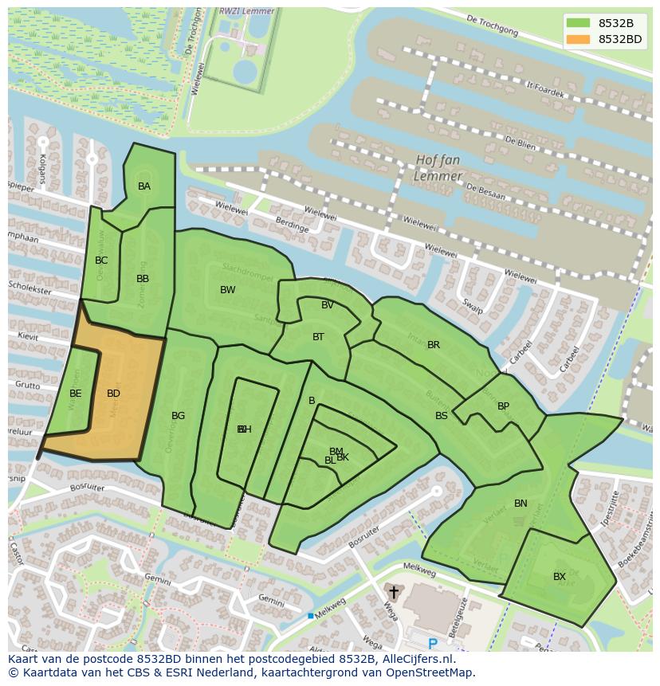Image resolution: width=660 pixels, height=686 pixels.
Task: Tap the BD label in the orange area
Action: (x=113, y=394)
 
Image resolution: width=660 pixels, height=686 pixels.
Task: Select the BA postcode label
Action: (x=144, y=186)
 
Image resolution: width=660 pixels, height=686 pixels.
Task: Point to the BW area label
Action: (x=228, y=290)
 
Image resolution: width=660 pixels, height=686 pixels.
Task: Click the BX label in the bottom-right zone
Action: (x=560, y=577)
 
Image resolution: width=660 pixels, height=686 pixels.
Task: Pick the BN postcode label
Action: (x=521, y=504)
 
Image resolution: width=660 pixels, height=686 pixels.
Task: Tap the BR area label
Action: (x=434, y=345)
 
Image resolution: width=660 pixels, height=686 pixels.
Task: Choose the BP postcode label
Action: (x=503, y=406)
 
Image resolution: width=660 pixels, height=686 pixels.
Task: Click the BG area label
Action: (x=178, y=416)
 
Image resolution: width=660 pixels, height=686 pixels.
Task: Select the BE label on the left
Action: (x=75, y=394)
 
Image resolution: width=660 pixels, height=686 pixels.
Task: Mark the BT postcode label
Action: (x=318, y=337)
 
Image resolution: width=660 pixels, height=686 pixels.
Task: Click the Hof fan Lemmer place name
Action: (x=438, y=168)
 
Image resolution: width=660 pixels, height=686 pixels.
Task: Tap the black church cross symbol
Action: (x=393, y=593)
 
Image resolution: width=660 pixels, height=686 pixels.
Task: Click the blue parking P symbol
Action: (x=433, y=644)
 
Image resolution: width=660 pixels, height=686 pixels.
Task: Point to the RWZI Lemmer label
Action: (x=246, y=12)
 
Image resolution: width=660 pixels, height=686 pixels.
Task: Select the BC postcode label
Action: (x=101, y=261)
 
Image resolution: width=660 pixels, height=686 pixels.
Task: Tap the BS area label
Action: (x=441, y=416)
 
